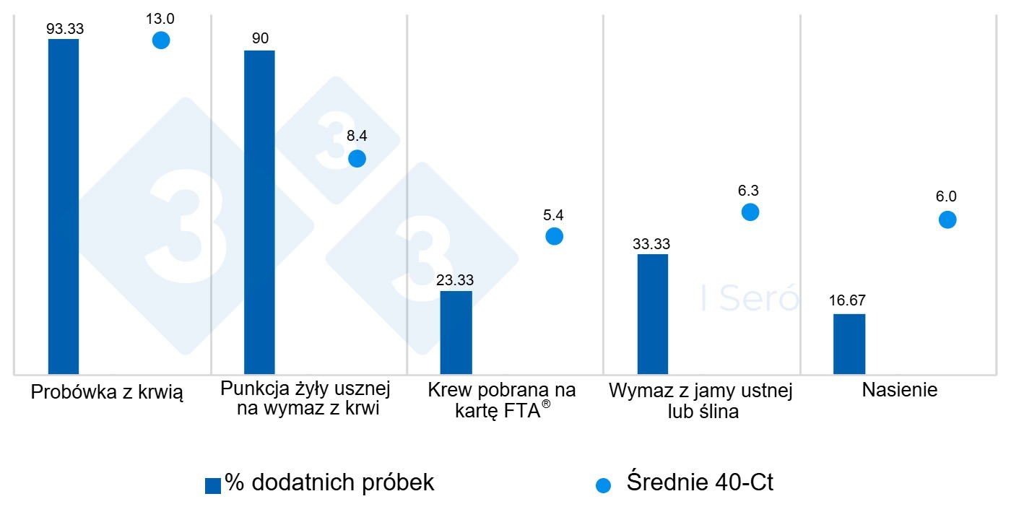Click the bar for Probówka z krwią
[x=64, y=207]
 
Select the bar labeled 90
[x=259, y=212]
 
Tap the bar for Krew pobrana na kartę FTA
[x=456, y=332]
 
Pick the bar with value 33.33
[x=653, y=314]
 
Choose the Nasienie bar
[x=849, y=344]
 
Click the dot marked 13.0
[x=161, y=40]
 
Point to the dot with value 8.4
[x=357, y=159]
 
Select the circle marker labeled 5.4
[x=554, y=236]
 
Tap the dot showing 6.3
[x=750, y=212]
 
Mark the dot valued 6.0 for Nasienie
[x=947, y=220]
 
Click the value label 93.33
[x=63, y=29]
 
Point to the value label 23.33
[x=456, y=280]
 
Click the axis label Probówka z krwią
[x=107, y=393]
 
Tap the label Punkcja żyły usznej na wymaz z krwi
[x=305, y=399]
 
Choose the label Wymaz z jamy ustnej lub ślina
[x=700, y=402]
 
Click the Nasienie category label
[x=899, y=391]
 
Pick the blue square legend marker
[x=213, y=486]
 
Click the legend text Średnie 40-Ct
[x=700, y=482]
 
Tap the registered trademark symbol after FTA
[x=546, y=406]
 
